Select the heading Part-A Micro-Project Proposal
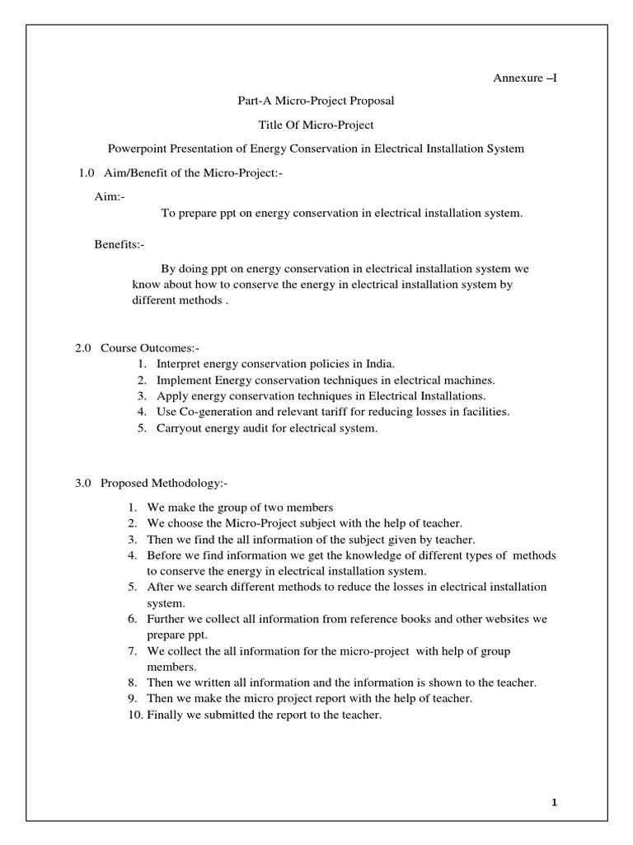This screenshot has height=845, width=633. point(316,101)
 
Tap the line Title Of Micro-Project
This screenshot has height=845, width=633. point(316,125)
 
